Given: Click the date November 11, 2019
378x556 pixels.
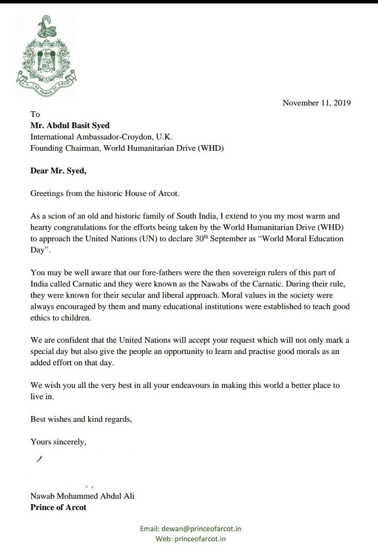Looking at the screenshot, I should (x=316, y=103).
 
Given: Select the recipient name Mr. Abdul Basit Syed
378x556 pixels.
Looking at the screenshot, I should (x=70, y=126).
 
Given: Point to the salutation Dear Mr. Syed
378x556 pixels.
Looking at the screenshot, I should (x=58, y=171).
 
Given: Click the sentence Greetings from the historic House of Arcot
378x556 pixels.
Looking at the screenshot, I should (x=104, y=194).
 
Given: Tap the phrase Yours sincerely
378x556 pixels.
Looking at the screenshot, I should (x=58, y=442).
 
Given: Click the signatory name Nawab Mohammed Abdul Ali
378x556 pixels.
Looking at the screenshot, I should (x=82, y=496).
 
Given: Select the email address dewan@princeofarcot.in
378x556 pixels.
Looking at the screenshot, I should (x=201, y=529).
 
